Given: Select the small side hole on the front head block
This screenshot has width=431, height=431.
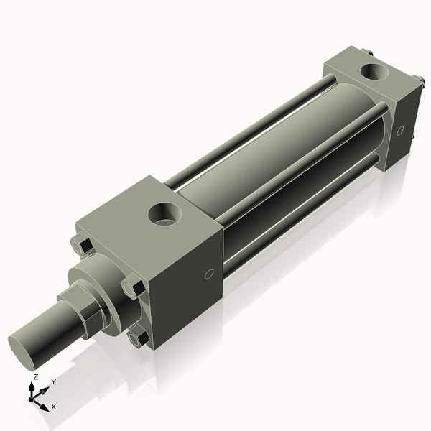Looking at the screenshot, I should [209, 274].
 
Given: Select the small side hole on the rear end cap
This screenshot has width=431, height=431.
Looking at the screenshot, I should [402, 131].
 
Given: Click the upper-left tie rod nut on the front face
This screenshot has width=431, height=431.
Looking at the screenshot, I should [83, 246].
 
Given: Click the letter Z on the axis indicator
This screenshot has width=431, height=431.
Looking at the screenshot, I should [35, 376].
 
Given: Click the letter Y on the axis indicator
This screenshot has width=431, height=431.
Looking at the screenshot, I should [53, 381].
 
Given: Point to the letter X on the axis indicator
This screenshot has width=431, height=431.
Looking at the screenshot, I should [54, 407].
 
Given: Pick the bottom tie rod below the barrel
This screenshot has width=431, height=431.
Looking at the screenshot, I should [302, 215].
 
